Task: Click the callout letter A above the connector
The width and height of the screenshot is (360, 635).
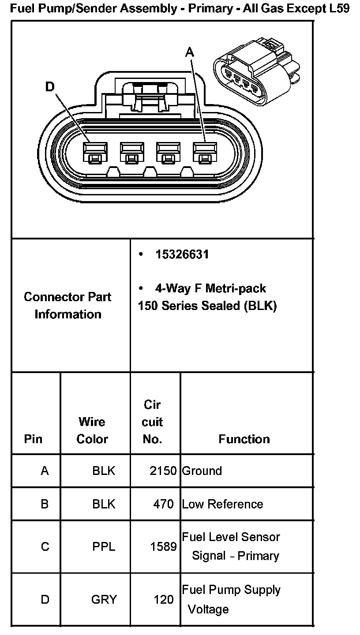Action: pyautogui.click(x=189, y=52)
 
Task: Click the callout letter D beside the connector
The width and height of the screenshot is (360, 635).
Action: pyautogui.click(x=50, y=87)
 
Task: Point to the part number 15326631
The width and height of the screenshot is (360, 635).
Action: pyautogui.click(x=182, y=254)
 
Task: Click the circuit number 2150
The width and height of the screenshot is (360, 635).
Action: pyautogui.click(x=163, y=471)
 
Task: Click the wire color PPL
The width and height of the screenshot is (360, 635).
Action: pyautogui.click(x=104, y=547)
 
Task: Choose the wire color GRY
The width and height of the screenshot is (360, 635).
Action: pyautogui.click(x=104, y=600)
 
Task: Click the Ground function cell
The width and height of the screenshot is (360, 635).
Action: pyautogui.click(x=202, y=471)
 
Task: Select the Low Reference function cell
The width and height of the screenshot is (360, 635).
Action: pyautogui.click(x=222, y=504)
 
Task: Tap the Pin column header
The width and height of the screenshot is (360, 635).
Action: pyautogui.click(x=34, y=439)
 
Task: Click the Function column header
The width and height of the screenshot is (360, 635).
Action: pyautogui.click(x=244, y=439)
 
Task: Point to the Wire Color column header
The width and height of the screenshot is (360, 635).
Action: pyautogui.click(x=92, y=430)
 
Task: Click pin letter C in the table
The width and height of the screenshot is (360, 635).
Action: pyautogui.click(x=45, y=547)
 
